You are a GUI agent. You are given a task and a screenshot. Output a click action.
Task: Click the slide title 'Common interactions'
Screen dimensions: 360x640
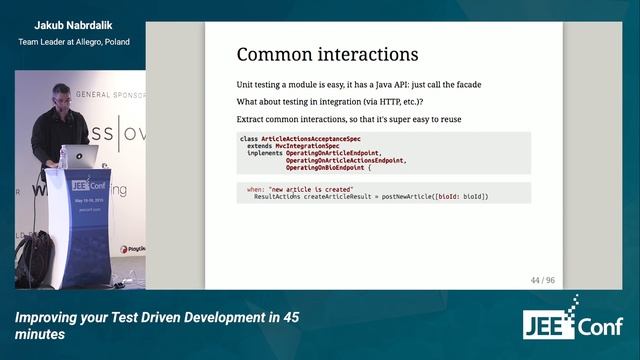tap(327, 54)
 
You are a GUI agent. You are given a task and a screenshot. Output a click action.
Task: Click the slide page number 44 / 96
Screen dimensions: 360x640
tap(542, 280)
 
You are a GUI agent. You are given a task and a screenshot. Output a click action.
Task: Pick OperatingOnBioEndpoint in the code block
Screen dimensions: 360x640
tap(326, 166)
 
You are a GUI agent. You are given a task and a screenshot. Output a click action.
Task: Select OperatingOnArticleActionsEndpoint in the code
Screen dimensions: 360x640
tap(346, 159)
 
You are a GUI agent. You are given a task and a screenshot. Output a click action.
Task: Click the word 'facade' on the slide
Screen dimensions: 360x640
tap(464, 84)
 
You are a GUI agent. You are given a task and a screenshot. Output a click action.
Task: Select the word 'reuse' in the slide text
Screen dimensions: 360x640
tap(446, 120)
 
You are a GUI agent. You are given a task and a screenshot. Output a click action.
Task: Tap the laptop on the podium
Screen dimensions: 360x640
tap(79, 157)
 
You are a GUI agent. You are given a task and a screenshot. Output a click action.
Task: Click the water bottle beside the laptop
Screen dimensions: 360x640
tap(63, 157)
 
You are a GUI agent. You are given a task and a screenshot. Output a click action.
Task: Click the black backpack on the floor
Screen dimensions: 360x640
tap(35, 258)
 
